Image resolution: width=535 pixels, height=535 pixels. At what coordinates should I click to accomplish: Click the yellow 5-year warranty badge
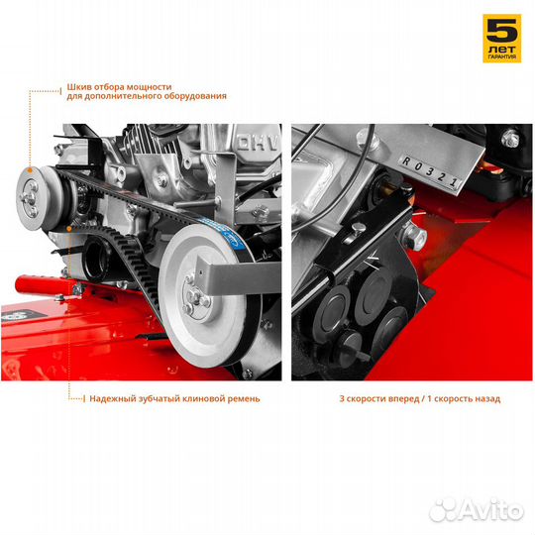tap(502, 39)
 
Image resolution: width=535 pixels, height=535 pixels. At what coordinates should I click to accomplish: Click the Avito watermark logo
tap(477, 510)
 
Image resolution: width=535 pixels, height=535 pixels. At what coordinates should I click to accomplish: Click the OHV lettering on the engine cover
tap(259, 144)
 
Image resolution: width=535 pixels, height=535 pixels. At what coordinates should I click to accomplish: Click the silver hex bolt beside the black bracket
tap(414, 235)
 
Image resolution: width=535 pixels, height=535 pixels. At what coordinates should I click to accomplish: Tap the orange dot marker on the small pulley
tap(30, 170)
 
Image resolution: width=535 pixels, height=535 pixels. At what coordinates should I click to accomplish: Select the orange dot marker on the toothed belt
tap(69, 228)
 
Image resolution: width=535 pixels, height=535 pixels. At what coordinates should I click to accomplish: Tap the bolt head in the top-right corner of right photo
tap(510, 138)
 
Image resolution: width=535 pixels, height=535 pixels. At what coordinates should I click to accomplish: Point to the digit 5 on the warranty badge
tap(502, 31)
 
